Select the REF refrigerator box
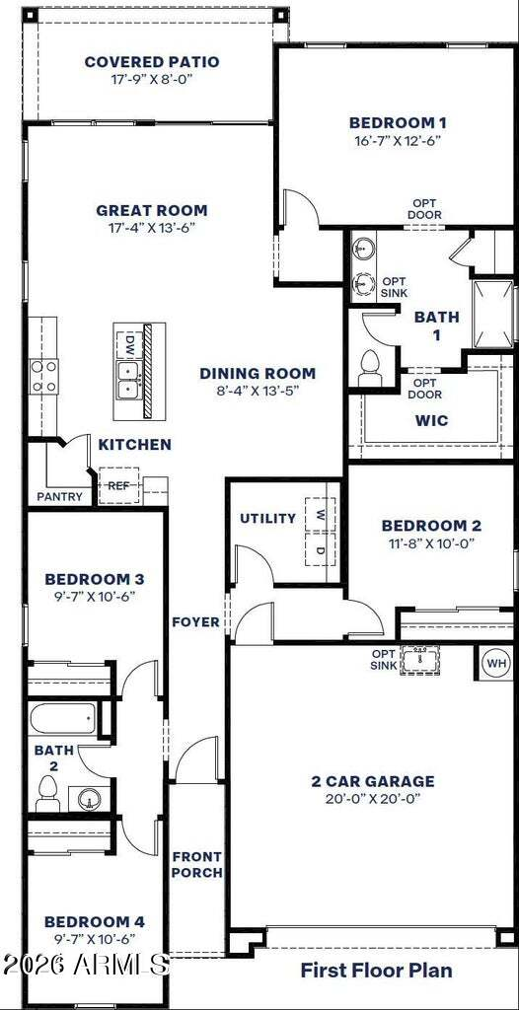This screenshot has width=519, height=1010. [118, 485]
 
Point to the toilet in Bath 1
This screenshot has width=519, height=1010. [370, 368]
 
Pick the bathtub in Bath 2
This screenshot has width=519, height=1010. [62, 718]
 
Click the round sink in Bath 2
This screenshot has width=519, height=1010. [90, 799]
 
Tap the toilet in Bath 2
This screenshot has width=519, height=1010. [47, 793]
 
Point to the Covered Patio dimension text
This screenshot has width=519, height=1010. [152, 79]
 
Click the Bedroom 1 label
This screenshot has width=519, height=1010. [398, 122]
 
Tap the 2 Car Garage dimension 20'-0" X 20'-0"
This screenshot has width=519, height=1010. [373, 799]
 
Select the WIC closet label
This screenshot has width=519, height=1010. [432, 421]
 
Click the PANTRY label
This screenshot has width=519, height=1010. [59, 497]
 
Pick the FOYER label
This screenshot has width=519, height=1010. [196, 622]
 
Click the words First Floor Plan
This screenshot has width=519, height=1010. [377, 971]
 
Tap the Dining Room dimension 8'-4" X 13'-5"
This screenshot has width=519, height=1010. [258, 390]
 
